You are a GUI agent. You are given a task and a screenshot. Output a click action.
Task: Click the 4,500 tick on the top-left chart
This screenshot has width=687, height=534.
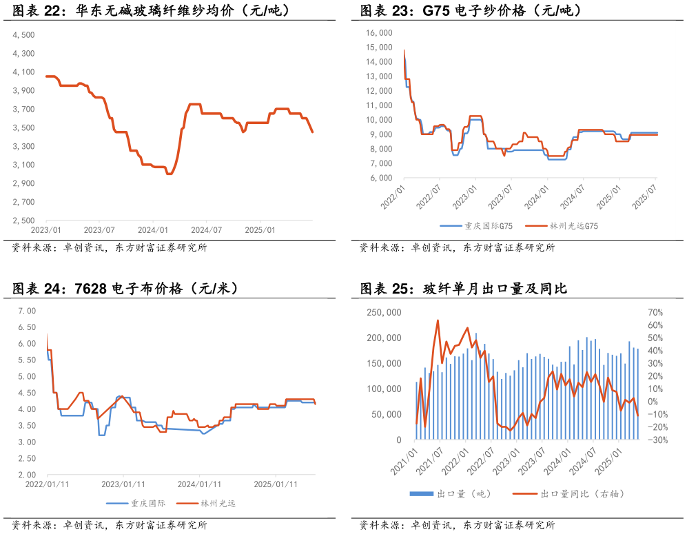point(24,35)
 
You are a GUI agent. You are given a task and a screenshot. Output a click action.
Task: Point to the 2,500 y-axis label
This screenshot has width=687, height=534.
point(24,220)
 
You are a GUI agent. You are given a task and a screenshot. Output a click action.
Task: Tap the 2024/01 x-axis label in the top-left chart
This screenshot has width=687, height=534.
point(153,230)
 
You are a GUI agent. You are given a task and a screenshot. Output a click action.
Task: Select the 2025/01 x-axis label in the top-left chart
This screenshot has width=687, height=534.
point(260,230)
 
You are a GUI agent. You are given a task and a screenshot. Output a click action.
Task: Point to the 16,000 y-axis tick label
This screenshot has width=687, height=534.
point(379,32)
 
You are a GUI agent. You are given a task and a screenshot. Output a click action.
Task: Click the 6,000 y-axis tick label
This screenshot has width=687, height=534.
point(381,178)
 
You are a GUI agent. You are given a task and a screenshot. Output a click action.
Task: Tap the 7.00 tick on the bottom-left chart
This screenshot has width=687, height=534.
point(26,311)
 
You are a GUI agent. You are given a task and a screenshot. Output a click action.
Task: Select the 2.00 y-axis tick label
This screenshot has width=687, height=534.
point(26,475)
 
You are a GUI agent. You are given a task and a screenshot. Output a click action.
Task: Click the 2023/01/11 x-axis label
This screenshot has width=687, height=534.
point(123,484)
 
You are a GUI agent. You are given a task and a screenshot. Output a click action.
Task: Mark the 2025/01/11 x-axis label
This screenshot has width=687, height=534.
point(276,484)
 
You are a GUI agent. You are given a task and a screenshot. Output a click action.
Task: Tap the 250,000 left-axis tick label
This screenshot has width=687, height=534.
point(384,312)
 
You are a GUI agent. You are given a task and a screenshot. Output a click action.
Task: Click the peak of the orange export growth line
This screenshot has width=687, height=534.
point(438,320)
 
